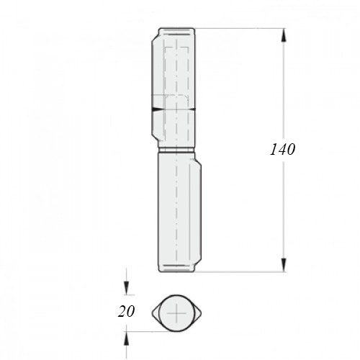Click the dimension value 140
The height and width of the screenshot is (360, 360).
(x=282, y=149)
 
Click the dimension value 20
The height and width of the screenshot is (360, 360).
(x=126, y=312)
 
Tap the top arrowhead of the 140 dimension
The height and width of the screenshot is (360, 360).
(x=284, y=35)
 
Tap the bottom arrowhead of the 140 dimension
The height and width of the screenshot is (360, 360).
(x=284, y=265)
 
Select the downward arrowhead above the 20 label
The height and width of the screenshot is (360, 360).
(x=126, y=287)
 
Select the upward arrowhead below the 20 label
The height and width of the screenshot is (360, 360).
(x=126, y=339)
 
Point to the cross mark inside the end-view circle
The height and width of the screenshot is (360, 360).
(x=176, y=313)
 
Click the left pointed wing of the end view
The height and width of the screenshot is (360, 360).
(x=156, y=313)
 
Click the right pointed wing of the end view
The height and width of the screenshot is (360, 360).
(x=198, y=313)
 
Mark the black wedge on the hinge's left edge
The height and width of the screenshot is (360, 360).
(x=156, y=109)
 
